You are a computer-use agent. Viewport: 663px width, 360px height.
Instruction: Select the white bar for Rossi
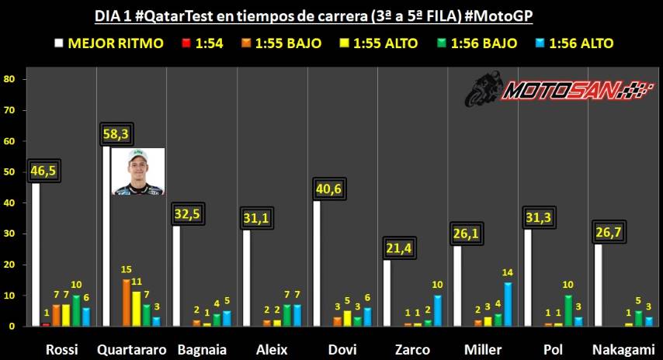(x=36, y=256)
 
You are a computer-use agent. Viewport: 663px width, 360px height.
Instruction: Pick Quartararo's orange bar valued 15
(x=126, y=303)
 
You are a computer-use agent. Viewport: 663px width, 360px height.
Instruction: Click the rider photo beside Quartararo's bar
(x=137, y=171)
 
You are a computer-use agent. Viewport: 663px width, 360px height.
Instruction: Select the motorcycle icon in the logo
(x=483, y=90)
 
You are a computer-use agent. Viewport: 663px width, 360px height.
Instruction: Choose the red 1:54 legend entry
(x=200, y=43)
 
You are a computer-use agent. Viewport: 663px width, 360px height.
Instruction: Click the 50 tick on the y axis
(x=9, y=172)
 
